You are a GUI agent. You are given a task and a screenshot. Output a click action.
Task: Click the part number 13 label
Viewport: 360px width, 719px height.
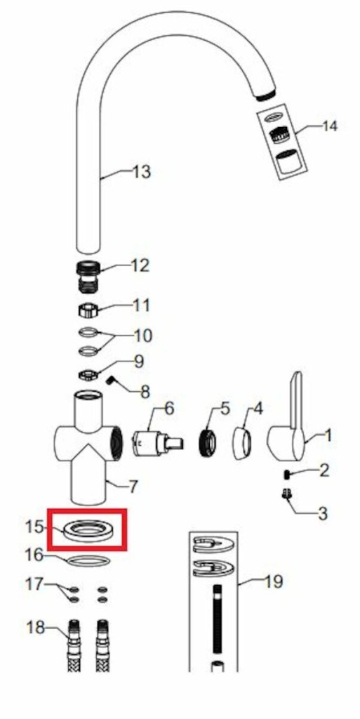click(141, 173)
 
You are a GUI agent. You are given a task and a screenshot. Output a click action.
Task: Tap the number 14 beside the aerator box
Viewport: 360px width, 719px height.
click(329, 126)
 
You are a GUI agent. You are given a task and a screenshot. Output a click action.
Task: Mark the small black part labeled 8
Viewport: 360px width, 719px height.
click(110, 381)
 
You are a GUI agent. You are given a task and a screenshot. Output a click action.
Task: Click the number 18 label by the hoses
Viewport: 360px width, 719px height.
click(35, 627)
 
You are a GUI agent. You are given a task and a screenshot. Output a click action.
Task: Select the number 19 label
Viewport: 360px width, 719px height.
click(274, 582)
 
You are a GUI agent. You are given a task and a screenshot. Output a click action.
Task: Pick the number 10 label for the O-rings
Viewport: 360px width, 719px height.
click(143, 336)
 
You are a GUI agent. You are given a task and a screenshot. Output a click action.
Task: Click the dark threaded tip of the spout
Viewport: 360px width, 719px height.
click(265, 95)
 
